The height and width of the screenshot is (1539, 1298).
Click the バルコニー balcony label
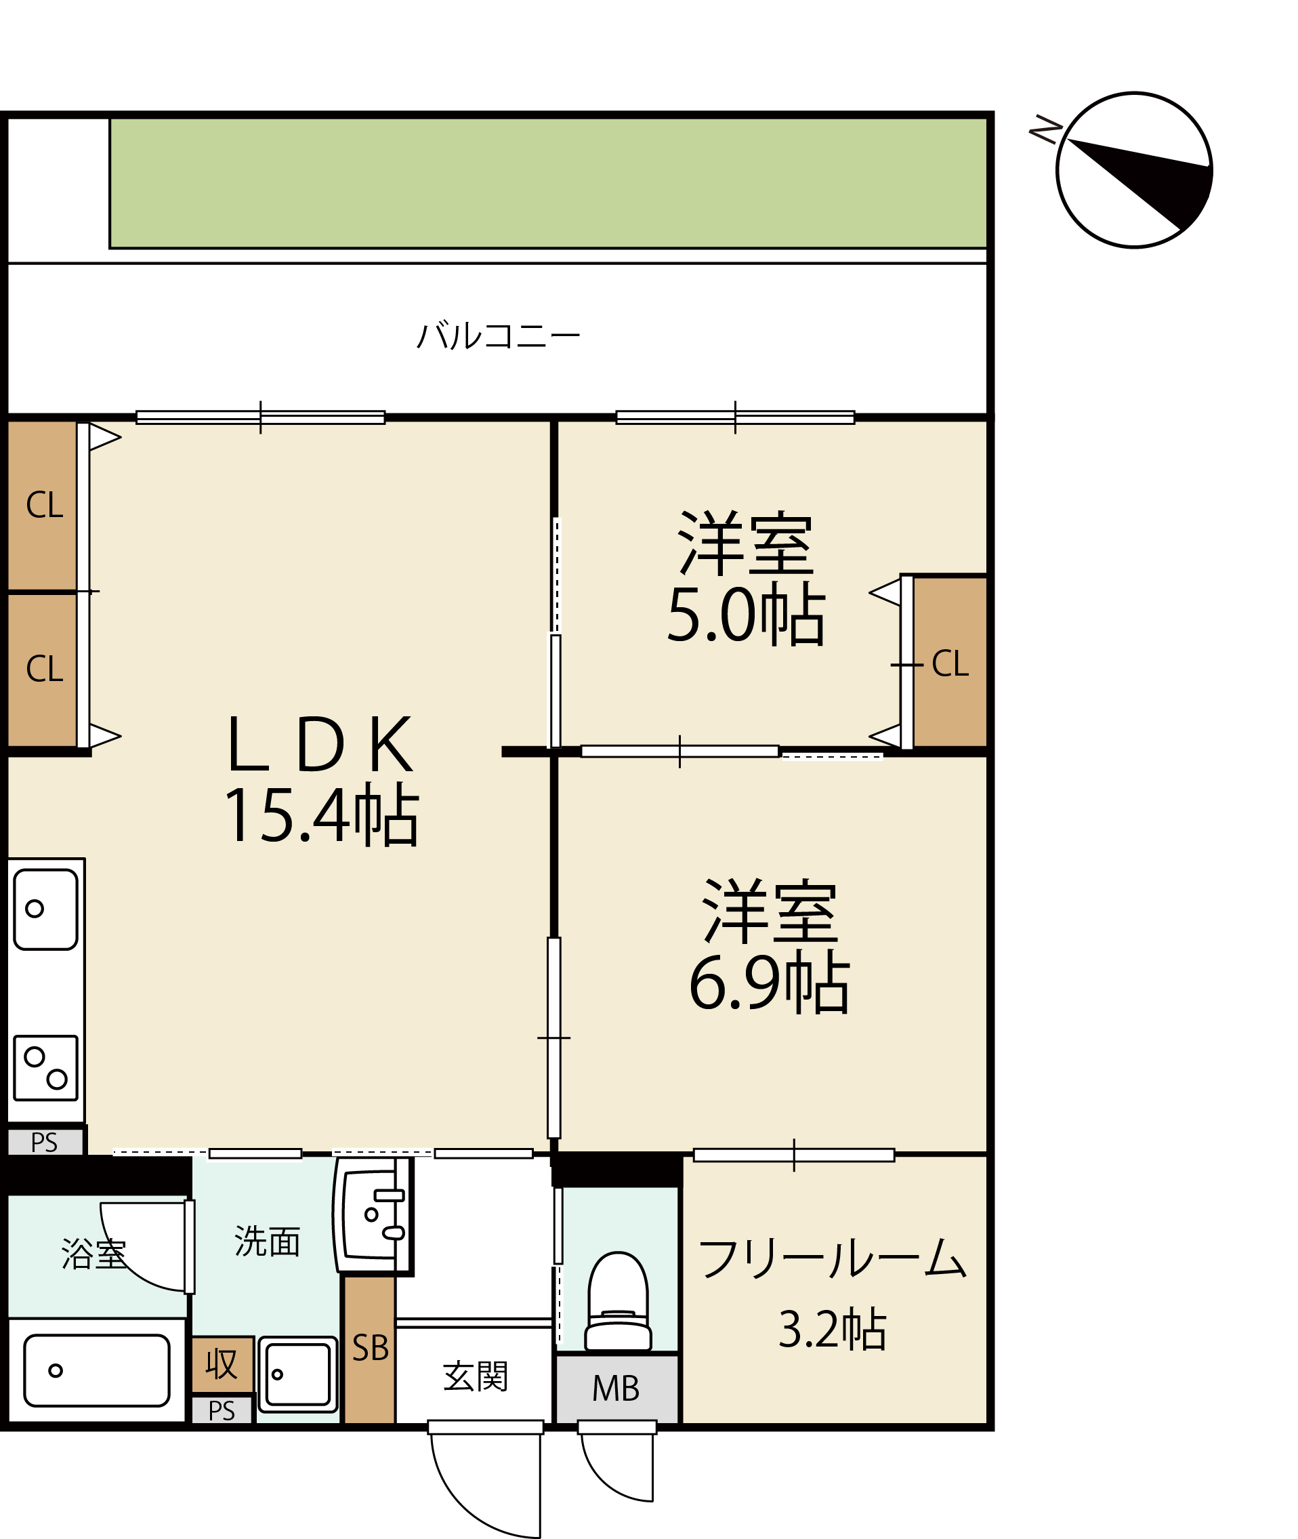tap(499, 335)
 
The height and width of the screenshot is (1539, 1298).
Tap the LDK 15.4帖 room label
tap(321, 780)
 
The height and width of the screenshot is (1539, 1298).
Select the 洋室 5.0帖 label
tap(746, 578)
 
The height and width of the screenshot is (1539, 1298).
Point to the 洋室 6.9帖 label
tap(770, 946)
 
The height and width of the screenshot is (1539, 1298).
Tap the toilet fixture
tap(618, 1302)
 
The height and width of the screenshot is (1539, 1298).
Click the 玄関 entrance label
tap(476, 1377)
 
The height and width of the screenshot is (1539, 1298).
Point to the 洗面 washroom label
tap(267, 1242)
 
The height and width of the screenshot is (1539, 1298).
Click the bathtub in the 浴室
tap(97, 1370)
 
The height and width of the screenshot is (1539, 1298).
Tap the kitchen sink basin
tap(45, 909)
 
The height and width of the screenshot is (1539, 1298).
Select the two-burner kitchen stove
tap(45, 1068)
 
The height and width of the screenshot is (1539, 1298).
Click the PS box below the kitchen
tap(45, 1143)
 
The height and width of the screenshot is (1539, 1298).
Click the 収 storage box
tap(222, 1364)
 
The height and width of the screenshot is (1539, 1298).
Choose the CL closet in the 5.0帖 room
tap(949, 662)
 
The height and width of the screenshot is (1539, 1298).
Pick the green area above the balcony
tap(548, 183)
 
